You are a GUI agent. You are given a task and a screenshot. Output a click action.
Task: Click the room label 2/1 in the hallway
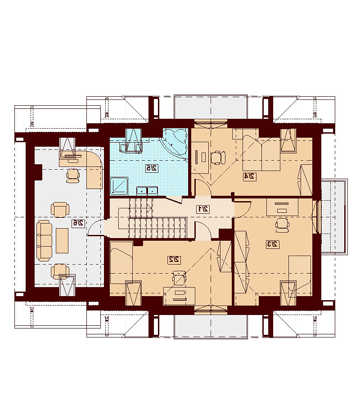[x=203, y=209]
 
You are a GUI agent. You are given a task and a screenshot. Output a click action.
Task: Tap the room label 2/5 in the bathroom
[x=152, y=168]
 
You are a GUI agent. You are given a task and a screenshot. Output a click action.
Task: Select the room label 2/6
[x=78, y=223]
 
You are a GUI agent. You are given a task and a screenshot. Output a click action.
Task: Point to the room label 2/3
[x=273, y=244]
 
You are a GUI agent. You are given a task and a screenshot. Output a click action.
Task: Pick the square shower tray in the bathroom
[x=119, y=185]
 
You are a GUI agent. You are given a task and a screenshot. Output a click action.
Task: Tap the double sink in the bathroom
[x=147, y=190]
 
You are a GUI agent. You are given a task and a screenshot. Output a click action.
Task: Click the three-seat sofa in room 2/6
[x=45, y=240]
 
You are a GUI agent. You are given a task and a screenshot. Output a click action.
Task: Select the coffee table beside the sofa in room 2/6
[x=62, y=240]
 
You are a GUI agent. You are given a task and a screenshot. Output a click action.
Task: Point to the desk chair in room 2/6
[x=73, y=175]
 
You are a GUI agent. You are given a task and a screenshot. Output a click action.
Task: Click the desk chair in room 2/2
[x=179, y=278]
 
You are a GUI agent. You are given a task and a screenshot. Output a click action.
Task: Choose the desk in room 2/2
[x=179, y=296]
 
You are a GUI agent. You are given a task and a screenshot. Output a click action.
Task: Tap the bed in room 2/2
[x=121, y=262]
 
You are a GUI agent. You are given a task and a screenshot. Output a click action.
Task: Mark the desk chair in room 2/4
[x=218, y=157]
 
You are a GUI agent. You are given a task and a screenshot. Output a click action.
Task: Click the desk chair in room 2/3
[x=282, y=225]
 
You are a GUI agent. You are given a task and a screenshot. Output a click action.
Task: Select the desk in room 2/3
[x=282, y=207]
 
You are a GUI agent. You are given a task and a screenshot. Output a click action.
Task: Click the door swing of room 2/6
[x=96, y=228]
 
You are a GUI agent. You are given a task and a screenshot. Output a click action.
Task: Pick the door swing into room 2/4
[x=203, y=188]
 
